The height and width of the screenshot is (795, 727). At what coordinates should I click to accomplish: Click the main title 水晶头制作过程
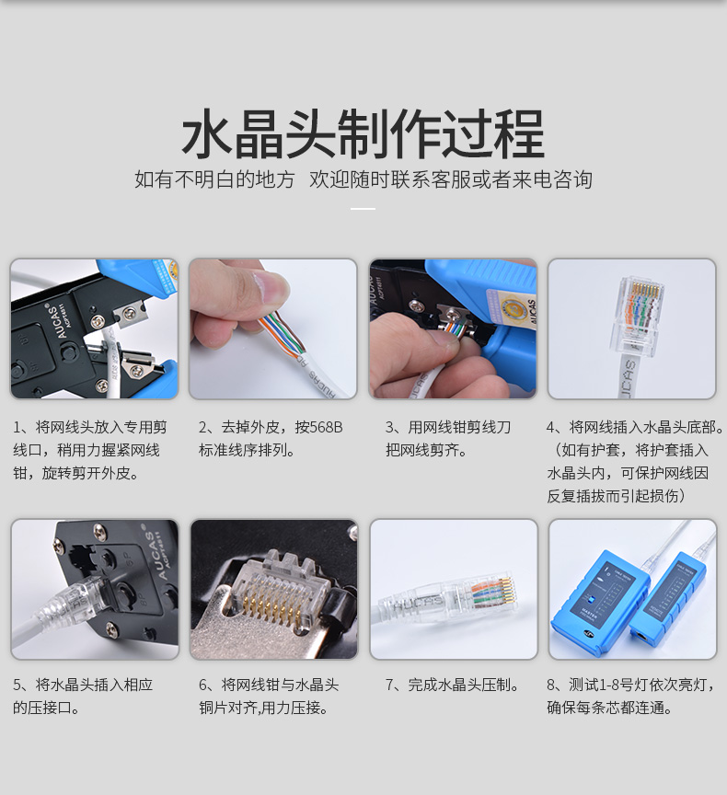pos(363,133)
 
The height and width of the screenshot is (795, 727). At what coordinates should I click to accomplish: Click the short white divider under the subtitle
pos(363,208)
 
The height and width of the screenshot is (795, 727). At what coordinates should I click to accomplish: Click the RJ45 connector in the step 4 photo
pos(639,317)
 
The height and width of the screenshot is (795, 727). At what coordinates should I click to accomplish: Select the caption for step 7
pos(452,685)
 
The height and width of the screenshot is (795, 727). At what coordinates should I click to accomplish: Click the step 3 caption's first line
pos(447,428)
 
